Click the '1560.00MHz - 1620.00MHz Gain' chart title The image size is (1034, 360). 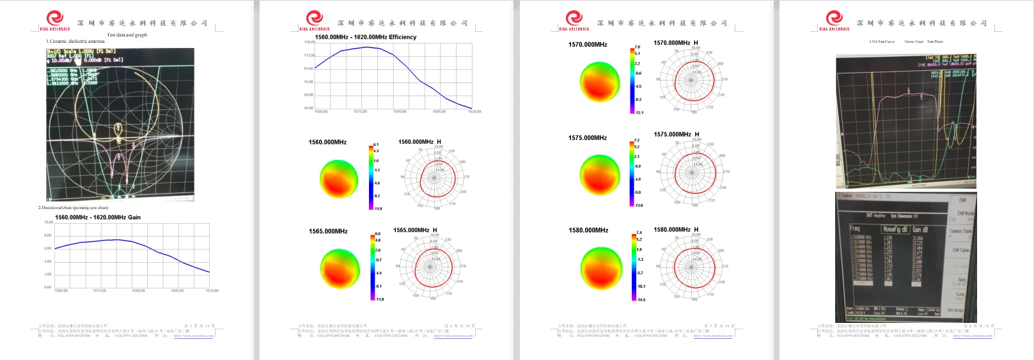tap(98, 217)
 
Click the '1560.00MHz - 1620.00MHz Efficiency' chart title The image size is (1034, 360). tap(365, 37)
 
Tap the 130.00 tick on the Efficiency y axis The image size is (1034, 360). tap(309, 42)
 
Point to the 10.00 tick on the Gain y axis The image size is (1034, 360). tap(49, 223)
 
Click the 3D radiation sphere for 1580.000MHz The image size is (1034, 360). tap(600, 268)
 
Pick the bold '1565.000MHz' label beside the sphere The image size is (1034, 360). tap(328, 231)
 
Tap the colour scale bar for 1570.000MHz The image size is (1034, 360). tap(632, 80)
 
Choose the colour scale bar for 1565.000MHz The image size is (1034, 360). tap(372, 267)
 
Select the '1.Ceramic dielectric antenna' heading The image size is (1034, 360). tap(75, 42)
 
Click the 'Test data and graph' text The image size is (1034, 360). tap(127, 35)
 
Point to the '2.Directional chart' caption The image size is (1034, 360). tap(73, 208)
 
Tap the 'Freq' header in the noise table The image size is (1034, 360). tap(855, 228)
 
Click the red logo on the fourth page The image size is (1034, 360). tap(834, 18)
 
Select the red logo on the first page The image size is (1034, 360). tap(55, 18)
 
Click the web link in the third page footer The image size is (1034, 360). tap(713, 336)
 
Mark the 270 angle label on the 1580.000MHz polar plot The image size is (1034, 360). tap(725, 266)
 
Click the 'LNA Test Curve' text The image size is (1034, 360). tap(882, 42)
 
